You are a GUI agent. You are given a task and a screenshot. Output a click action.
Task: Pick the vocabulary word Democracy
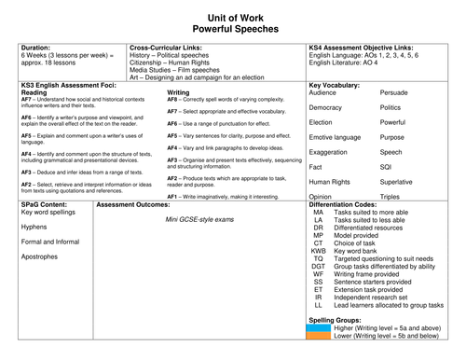point(327,108)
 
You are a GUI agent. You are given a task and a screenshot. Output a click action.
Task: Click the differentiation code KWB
point(319,224)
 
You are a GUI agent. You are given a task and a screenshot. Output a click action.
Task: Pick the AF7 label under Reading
point(27,98)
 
